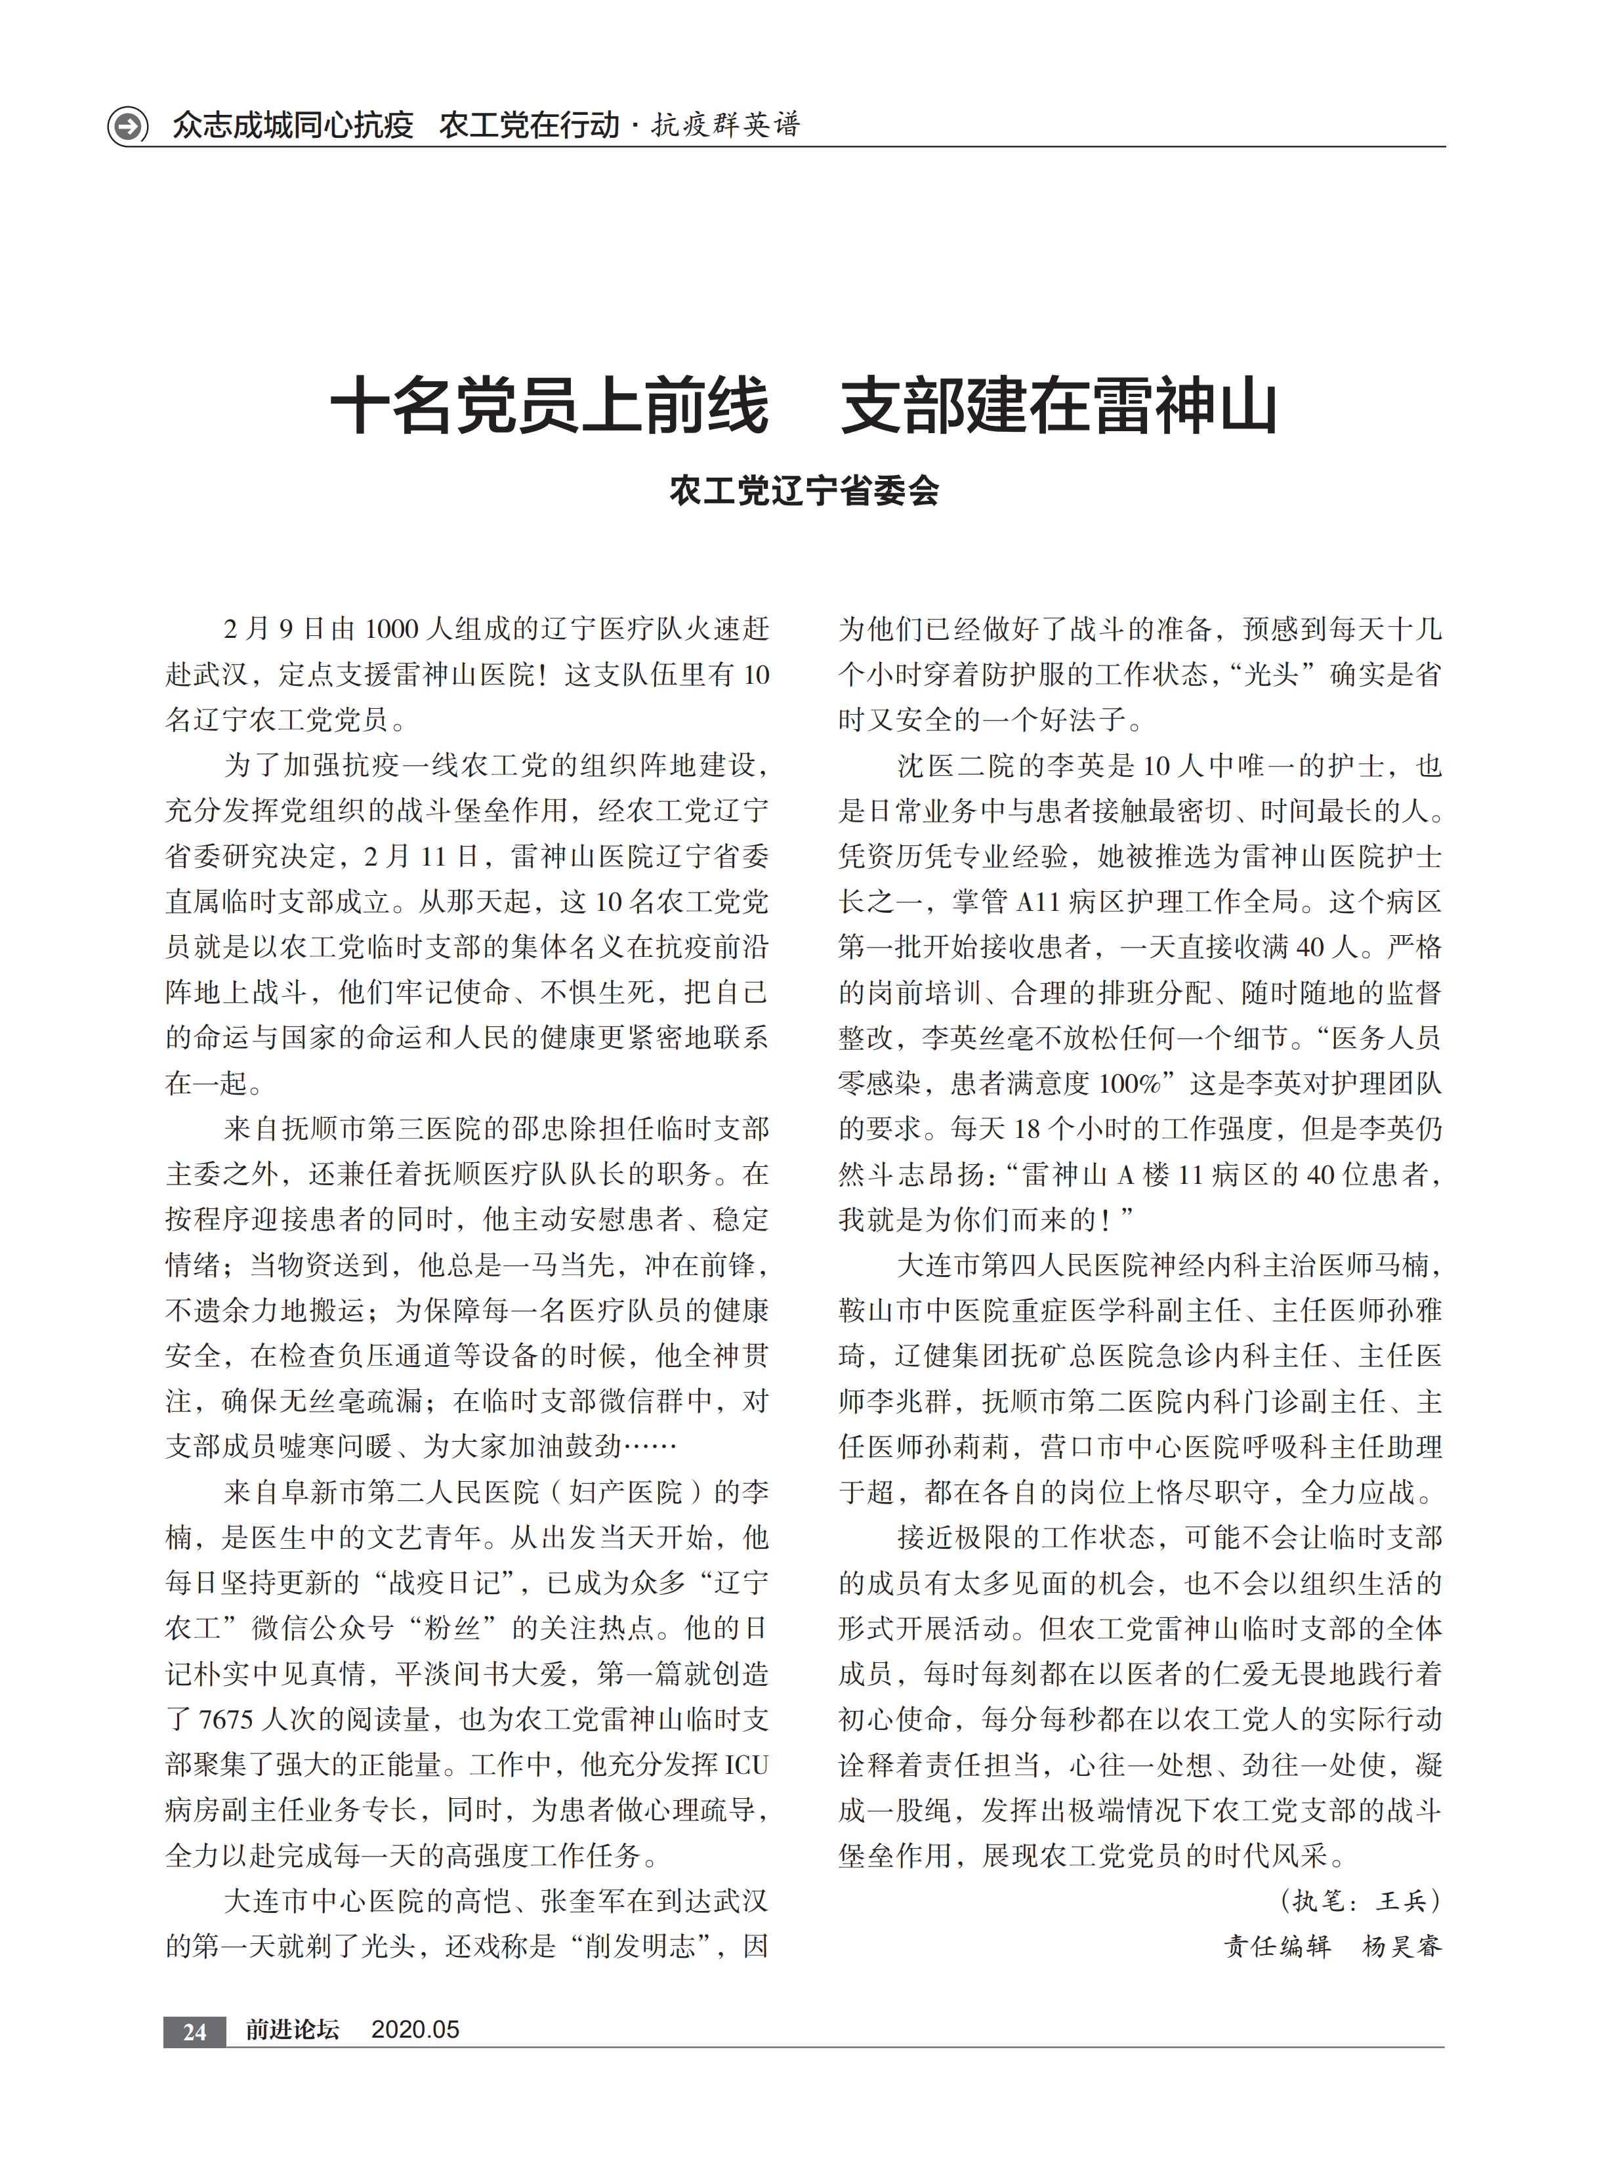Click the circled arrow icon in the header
coord(127,125)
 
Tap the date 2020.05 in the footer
coord(415,2030)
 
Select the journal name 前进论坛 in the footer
coord(292,2030)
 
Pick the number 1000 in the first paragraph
coord(391,629)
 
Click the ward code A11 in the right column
coord(1037,902)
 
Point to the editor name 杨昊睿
coord(1402,1946)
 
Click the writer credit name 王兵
coord(1402,1901)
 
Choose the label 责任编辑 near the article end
coord(1277,1946)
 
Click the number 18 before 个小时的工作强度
coord(1027,1129)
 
